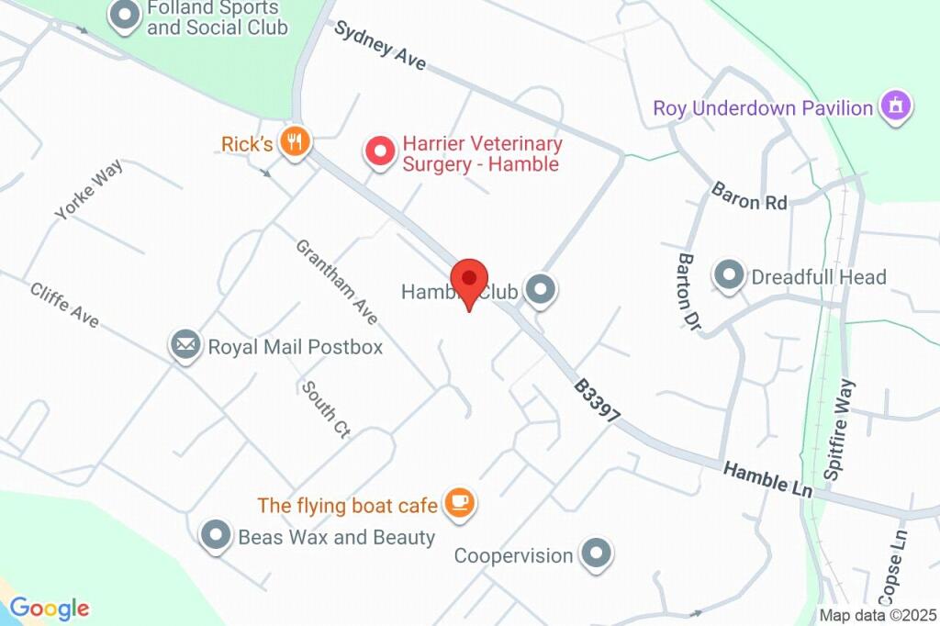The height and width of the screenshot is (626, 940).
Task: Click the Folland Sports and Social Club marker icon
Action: [x=123, y=16]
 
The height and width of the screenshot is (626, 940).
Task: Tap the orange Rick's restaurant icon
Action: [x=295, y=142]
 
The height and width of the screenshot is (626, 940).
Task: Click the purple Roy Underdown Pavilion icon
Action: [x=895, y=106]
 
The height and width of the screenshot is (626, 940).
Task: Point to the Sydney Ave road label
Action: [x=379, y=46]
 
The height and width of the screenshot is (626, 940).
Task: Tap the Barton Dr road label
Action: [x=690, y=292]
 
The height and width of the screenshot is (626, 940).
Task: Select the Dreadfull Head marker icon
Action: [x=729, y=275]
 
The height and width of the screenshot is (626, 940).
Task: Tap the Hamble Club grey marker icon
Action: [x=541, y=290]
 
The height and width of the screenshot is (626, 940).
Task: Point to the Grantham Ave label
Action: [x=337, y=281]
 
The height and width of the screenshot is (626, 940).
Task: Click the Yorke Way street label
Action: [x=88, y=190]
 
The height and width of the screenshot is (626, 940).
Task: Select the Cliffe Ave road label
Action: [x=63, y=305]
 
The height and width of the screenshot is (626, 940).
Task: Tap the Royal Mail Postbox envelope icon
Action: [x=185, y=345]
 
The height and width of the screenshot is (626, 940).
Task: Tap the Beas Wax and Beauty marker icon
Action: [x=216, y=535]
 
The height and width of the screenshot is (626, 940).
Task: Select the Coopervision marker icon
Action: [x=597, y=553]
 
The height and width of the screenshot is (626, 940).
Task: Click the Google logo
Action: [x=49, y=608]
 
